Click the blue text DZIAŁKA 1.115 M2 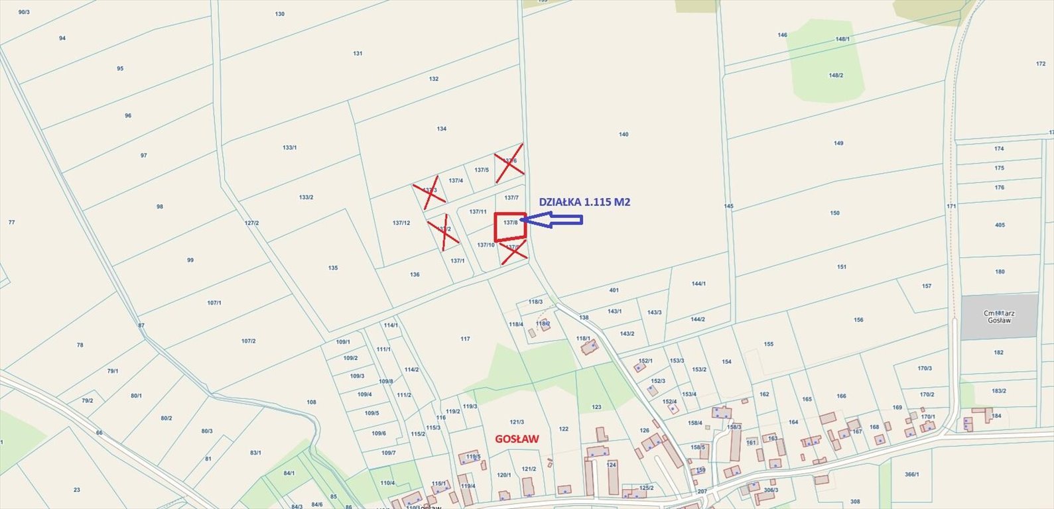point(584,202)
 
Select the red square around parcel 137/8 point(511,227)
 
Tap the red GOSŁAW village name point(517,439)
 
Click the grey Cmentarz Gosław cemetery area point(998,316)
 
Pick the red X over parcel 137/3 point(429,192)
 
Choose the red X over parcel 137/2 point(443,231)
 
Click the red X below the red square point(513,251)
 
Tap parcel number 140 point(624,135)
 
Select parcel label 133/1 point(290,147)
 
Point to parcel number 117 point(465,339)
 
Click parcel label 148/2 point(836,76)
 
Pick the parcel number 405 point(1000,225)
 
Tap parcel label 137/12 point(401,223)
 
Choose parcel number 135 point(333,268)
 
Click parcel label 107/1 point(214,303)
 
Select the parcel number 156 point(859,320)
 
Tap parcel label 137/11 point(478,211)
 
